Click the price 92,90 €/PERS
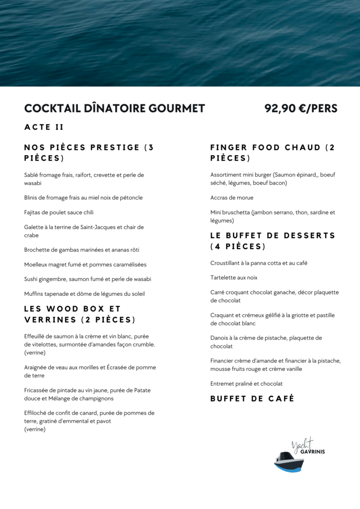[x=301, y=108]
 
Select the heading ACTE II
[x=44, y=127]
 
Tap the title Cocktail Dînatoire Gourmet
[x=114, y=108]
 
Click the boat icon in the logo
[x=289, y=461]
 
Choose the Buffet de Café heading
[x=252, y=399]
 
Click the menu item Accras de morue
[x=232, y=198]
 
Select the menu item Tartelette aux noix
[x=234, y=278]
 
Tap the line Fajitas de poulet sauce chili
[x=59, y=213]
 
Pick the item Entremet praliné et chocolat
[x=246, y=384]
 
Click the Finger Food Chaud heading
[x=272, y=153]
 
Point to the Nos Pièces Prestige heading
[x=89, y=153]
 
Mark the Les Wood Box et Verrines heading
[x=80, y=314]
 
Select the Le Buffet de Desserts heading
[x=272, y=241]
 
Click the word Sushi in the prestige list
[x=31, y=279]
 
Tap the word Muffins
[x=34, y=294]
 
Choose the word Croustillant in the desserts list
[x=226, y=263]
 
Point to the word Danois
[x=219, y=338]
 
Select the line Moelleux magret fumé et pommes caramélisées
[x=85, y=264]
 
